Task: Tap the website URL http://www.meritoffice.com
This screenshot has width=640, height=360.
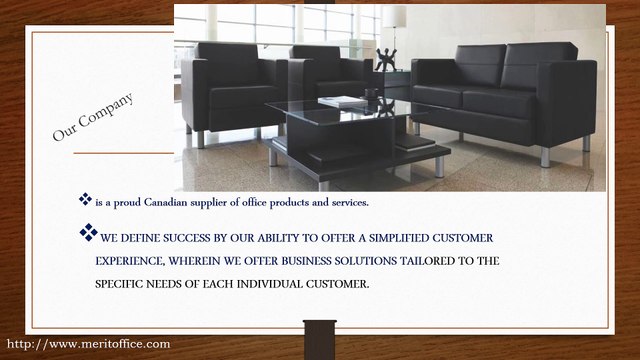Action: click(88, 344)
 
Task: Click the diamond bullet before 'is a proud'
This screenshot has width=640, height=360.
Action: click(85, 200)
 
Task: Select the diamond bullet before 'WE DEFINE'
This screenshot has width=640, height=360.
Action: click(87, 234)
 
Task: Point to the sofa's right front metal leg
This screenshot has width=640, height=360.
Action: click(545, 156)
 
